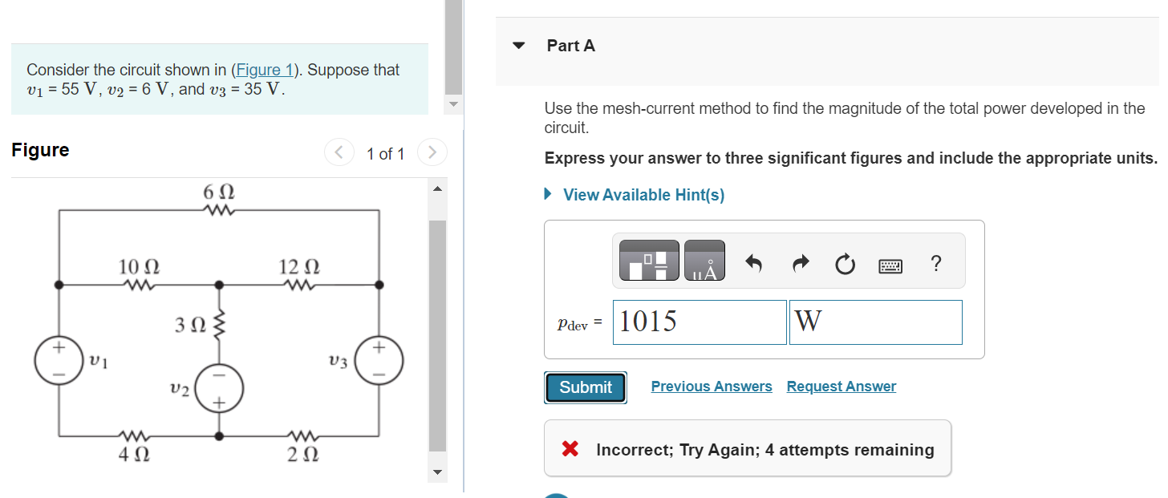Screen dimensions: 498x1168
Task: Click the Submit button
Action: pos(586,387)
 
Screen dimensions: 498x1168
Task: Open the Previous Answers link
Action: pos(712,387)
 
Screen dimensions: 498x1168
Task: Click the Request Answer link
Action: pos(841,387)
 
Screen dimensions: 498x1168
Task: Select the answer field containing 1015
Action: pos(700,322)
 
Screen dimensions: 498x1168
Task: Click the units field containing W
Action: pos(875,322)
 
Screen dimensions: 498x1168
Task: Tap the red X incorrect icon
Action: pos(570,449)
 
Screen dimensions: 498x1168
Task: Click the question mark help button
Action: pos(935,263)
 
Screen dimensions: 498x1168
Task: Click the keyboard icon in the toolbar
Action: pos(890,265)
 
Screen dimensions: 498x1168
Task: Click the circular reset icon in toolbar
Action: pos(844,264)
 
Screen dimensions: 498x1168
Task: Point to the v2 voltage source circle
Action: pos(218,389)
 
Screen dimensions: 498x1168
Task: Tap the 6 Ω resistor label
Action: pos(218,193)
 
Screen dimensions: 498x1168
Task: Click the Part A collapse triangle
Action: pos(519,46)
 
